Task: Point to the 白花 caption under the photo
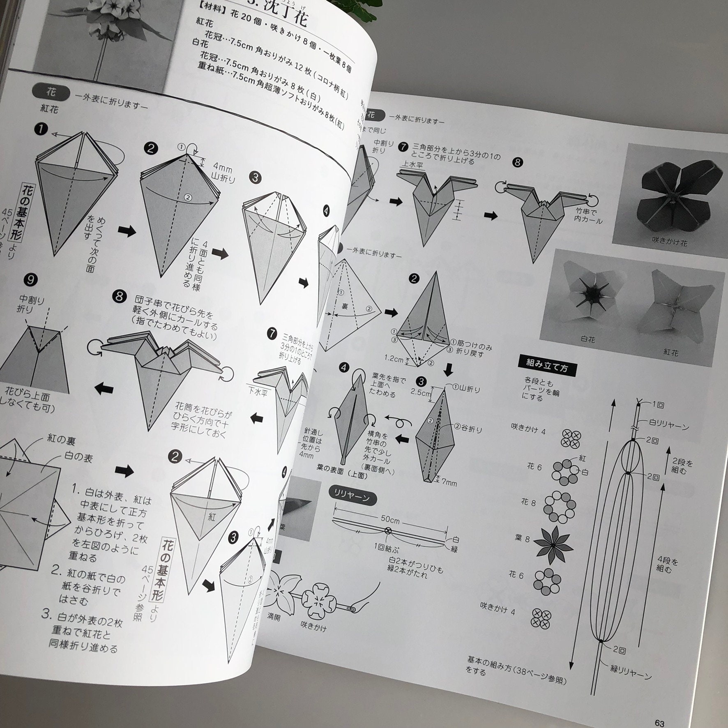pos(587,339)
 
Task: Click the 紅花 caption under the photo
pos(670,352)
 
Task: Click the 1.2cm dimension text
pos(394,358)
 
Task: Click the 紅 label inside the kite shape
pos(211,517)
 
